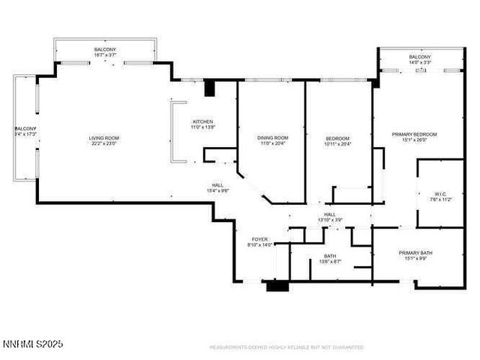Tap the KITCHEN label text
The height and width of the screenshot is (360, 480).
[x=203, y=121]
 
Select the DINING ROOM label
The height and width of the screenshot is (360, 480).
[x=272, y=138]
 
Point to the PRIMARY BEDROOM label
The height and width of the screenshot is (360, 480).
[x=414, y=134]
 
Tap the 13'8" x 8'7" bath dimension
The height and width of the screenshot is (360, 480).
[x=330, y=262]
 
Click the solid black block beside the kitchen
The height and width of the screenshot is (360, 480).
[x=210, y=88]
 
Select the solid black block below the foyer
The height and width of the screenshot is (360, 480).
[x=277, y=285]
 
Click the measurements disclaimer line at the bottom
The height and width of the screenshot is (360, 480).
[x=286, y=348]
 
